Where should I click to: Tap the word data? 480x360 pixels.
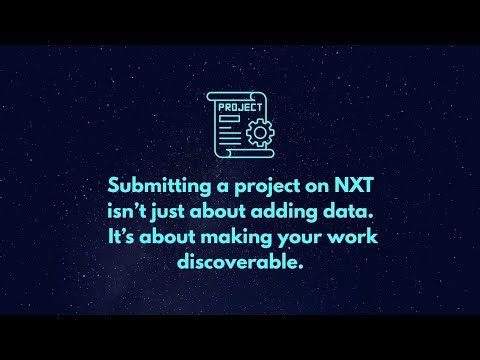337,212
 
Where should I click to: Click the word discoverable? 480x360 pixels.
239,264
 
